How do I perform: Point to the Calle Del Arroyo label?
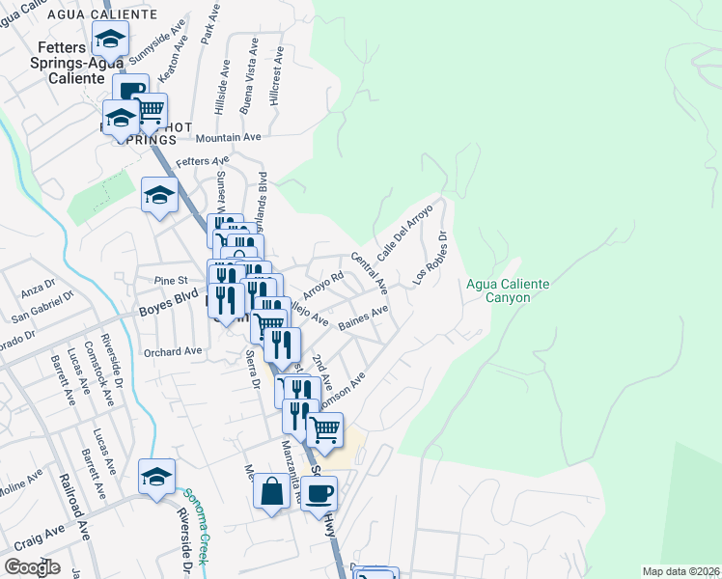(397, 236)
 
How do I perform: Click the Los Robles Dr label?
(431, 257)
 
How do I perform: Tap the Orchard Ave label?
(173, 351)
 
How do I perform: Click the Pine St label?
(169, 281)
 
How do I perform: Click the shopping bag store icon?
(272, 490)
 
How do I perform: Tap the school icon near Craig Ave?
(156, 477)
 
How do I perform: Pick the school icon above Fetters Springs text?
(111, 40)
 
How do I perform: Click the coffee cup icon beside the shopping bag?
(319, 493)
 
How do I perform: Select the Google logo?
(32, 567)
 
